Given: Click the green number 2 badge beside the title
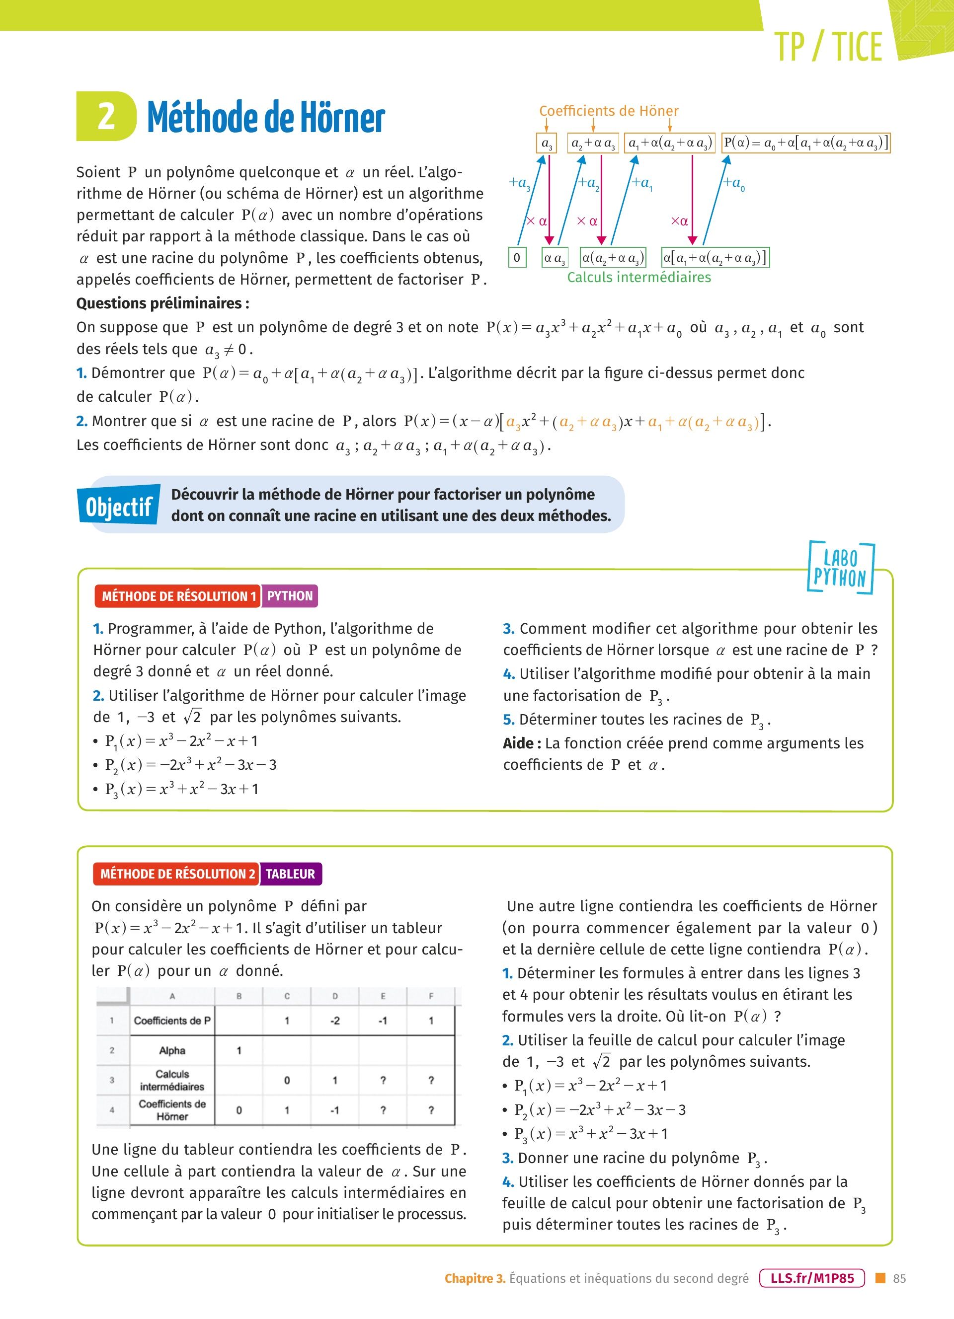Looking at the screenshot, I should [x=106, y=116].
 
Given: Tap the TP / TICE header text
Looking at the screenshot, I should [x=828, y=47].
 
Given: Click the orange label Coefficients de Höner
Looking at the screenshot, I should [x=609, y=111].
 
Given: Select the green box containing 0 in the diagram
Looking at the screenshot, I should [x=517, y=257].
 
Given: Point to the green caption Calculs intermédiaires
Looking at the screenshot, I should [x=638, y=278].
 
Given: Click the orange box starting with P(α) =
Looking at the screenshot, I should [x=805, y=143].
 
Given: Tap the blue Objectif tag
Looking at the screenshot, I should [x=119, y=506].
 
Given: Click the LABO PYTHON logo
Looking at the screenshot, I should [x=840, y=568].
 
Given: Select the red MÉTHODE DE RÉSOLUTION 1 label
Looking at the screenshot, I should [x=178, y=596].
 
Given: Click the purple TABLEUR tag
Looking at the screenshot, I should [x=290, y=874].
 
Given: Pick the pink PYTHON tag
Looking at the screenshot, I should [x=290, y=596].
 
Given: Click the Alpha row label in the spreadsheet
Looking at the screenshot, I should [x=172, y=1050].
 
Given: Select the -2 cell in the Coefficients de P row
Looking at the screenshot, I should [x=335, y=1020].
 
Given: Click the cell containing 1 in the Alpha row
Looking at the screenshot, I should [x=238, y=1050].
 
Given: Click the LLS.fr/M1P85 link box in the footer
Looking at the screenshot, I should [x=812, y=1278].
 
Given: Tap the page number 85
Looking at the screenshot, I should [x=899, y=1278].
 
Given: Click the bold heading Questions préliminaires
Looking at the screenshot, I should [x=162, y=303].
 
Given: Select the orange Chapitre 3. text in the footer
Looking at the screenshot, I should [x=475, y=1278].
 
